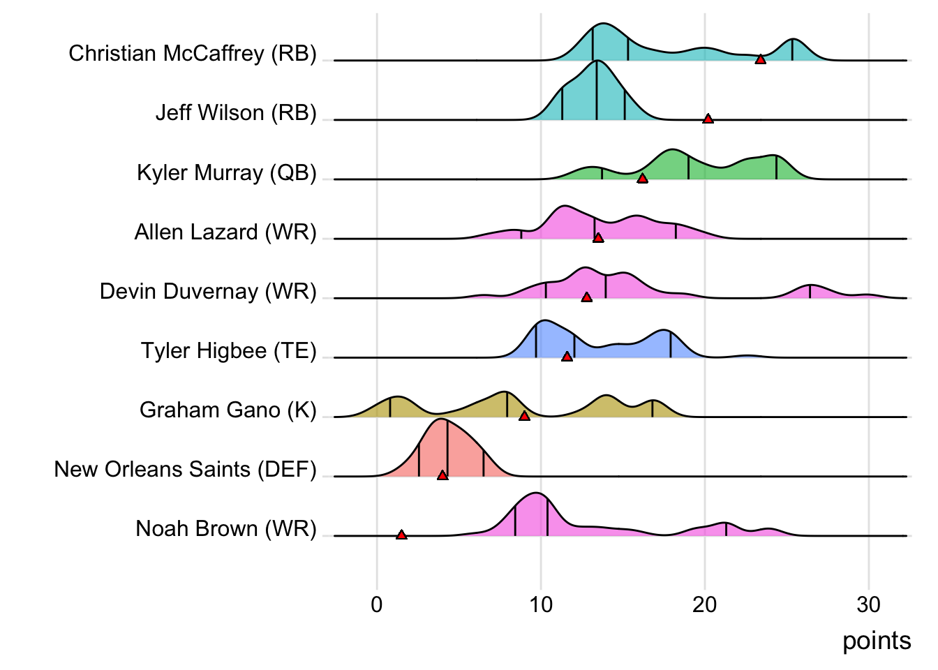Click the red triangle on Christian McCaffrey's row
(760, 59)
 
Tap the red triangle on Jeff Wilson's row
(708, 119)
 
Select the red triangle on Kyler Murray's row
(642, 179)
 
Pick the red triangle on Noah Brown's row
(401, 535)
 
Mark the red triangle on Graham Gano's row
(524, 416)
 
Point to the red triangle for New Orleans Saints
(442, 475)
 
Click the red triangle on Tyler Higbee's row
(567, 357)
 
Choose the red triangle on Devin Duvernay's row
(586, 297)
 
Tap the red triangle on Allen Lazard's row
(597, 238)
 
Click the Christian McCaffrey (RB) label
(193, 53)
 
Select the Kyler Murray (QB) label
(227, 172)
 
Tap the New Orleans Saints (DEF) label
(186, 469)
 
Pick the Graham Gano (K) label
(228, 410)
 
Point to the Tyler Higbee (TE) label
(229, 350)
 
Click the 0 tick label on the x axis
(377, 604)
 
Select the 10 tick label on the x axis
(541, 604)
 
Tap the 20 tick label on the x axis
(705, 604)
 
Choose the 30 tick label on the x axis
(868, 604)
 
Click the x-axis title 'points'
(877, 641)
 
